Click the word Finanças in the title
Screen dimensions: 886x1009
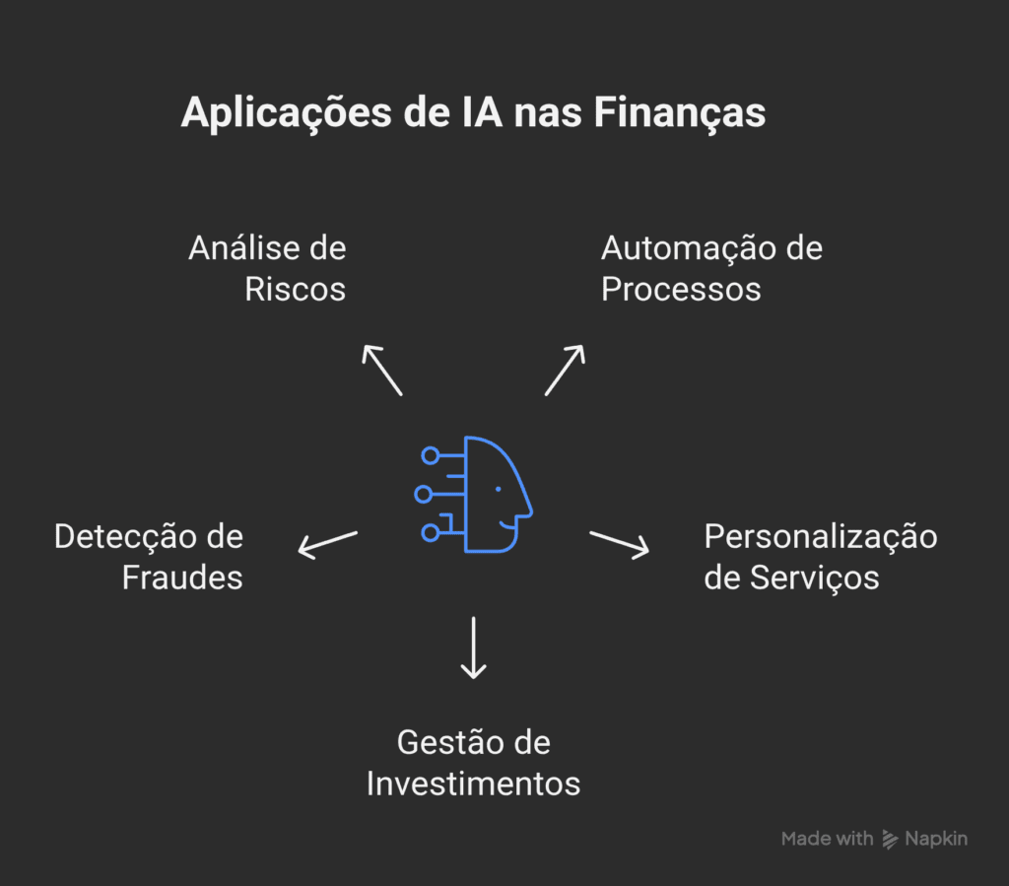(678, 114)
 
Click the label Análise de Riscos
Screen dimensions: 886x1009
(268, 268)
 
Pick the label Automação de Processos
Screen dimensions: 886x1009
(711, 268)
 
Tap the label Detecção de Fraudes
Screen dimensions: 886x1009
(149, 557)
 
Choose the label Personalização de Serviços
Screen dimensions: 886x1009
(820, 557)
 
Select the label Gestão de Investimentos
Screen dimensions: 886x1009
(473, 763)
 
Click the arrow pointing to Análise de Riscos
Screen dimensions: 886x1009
(381, 370)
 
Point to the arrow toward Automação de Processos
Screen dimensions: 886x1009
(565, 370)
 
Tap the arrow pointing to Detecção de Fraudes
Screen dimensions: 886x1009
(327, 543)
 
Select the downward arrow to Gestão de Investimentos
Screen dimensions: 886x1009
(474, 647)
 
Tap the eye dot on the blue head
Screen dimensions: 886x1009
(498, 489)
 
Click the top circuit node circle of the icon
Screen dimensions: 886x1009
(430, 455)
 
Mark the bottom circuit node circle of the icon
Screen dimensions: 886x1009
(430, 533)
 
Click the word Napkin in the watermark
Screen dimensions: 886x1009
(936, 839)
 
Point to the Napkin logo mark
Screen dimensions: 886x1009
(890, 840)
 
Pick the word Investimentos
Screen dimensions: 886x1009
(473, 784)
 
